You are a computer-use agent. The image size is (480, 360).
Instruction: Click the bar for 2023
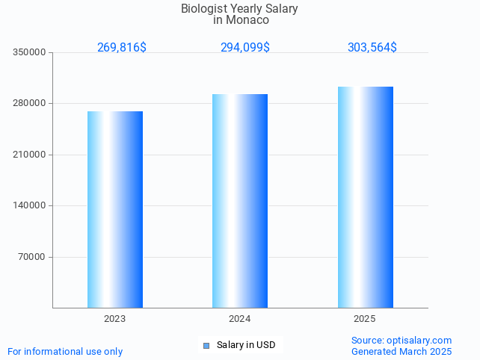click(x=115, y=209)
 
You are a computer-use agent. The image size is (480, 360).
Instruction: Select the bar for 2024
click(x=240, y=200)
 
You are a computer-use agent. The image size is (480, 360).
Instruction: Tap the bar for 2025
click(x=365, y=197)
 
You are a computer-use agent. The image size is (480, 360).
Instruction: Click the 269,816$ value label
click(x=122, y=47)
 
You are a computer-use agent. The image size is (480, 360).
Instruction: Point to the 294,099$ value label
click(x=244, y=47)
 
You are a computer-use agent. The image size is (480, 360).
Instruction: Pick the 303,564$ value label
click(x=372, y=47)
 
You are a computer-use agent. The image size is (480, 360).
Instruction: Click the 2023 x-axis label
click(x=115, y=319)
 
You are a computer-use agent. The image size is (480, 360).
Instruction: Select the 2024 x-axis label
click(x=240, y=319)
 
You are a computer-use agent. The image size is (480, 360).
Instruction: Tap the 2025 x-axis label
click(x=365, y=319)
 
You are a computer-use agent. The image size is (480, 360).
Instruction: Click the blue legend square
click(x=206, y=345)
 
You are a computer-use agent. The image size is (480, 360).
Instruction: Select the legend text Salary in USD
click(x=246, y=345)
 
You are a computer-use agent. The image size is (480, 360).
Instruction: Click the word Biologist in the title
click(x=206, y=9)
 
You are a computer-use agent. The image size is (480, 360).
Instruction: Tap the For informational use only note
click(x=65, y=351)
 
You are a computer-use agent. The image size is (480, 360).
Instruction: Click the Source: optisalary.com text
click(x=401, y=340)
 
